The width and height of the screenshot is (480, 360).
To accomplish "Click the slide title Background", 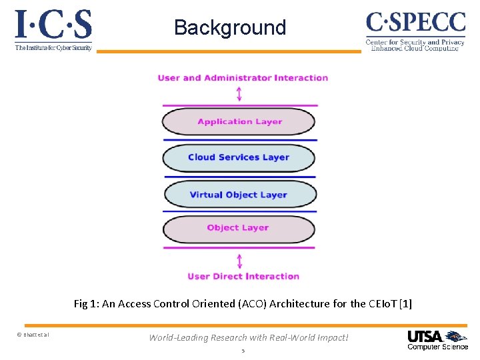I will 230,28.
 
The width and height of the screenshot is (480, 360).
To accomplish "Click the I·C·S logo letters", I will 53,25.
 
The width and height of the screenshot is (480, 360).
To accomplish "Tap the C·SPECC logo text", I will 415,22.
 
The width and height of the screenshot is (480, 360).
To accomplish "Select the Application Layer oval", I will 239,122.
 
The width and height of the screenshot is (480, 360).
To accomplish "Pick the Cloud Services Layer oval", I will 239,158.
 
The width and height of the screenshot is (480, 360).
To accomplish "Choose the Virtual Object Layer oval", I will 239,195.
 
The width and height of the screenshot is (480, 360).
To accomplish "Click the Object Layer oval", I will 239,228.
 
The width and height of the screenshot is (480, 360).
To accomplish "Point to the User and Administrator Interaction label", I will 243,78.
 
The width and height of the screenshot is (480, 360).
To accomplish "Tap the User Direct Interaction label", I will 243,276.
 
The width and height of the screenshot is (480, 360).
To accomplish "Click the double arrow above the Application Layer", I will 239,93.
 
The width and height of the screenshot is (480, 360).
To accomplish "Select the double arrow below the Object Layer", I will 239,259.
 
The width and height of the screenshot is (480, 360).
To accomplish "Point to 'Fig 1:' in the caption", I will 86,304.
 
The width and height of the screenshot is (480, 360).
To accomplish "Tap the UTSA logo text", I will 425,336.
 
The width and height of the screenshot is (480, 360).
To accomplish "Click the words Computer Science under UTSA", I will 437,347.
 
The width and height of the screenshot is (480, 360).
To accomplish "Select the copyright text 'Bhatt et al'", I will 33,335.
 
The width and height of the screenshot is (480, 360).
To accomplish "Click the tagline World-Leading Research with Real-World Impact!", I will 248,337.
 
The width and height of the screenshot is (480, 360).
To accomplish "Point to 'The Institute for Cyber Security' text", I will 53,47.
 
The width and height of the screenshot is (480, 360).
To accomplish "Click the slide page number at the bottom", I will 243,350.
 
